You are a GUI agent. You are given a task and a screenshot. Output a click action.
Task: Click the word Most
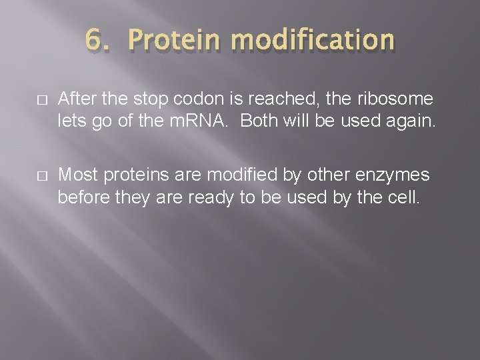[x=77, y=175]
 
